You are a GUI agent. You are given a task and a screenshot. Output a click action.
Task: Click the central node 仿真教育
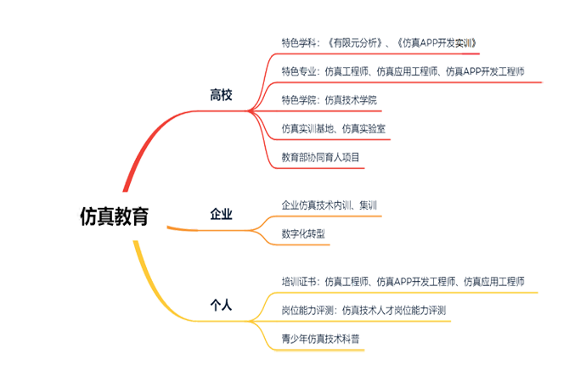[111, 216]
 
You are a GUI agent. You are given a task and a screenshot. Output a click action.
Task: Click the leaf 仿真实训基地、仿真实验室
[333, 129]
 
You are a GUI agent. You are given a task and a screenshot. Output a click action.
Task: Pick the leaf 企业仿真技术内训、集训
[328, 205]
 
